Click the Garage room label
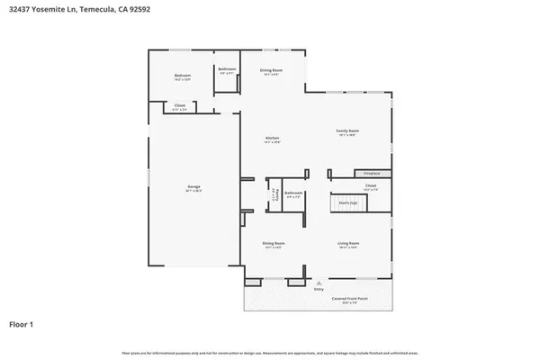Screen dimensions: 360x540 (x=193, y=188)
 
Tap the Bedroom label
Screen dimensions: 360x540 (x=183, y=76)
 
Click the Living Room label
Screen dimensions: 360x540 (x=348, y=244)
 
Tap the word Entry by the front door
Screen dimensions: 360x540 (x=318, y=289)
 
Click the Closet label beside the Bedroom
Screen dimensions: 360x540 (x=180, y=107)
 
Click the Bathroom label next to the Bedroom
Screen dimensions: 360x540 (x=227, y=70)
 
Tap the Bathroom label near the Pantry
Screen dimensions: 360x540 (x=293, y=193)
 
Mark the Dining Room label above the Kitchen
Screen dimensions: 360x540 (x=272, y=71)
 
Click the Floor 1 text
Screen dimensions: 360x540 (x=23, y=323)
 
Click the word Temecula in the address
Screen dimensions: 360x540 (x=97, y=10)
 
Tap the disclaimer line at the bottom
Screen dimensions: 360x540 (x=270, y=352)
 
